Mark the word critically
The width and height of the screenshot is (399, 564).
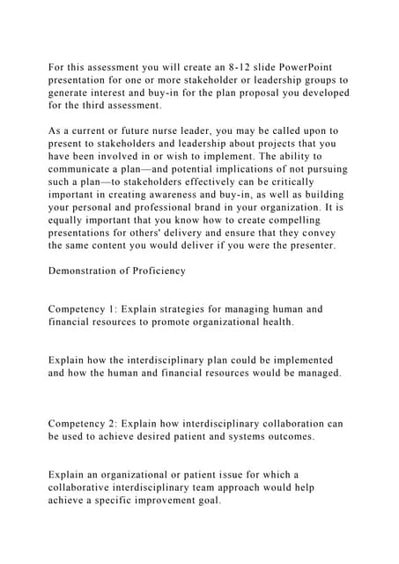(x=314, y=182)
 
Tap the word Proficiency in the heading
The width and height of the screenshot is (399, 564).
(x=157, y=271)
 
